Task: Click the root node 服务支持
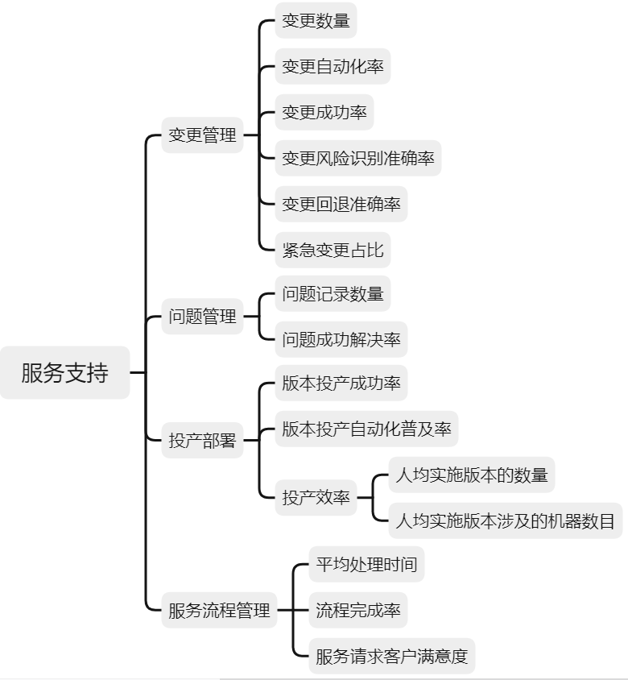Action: click(64, 373)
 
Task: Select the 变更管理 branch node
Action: click(202, 135)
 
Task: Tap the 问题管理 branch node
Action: click(202, 317)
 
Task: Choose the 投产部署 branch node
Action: click(202, 441)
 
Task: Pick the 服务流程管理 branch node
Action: click(219, 611)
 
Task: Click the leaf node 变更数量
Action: click(316, 21)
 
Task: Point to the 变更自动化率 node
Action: click(333, 67)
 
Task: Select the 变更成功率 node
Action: click(324, 113)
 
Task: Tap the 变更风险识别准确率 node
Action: click(358, 159)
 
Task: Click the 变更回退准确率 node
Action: click(341, 204)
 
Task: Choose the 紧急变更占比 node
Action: click(333, 249)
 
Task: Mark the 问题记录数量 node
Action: click(333, 294)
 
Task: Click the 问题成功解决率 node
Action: click(341, 339)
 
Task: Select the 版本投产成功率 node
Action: click(341, 383)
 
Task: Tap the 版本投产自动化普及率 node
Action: click(366, 429)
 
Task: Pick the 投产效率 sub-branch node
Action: click(316, 498)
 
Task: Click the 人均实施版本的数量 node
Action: click(472, 475)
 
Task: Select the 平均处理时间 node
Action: click(366, 564)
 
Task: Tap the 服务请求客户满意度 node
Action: click(391, 656)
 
